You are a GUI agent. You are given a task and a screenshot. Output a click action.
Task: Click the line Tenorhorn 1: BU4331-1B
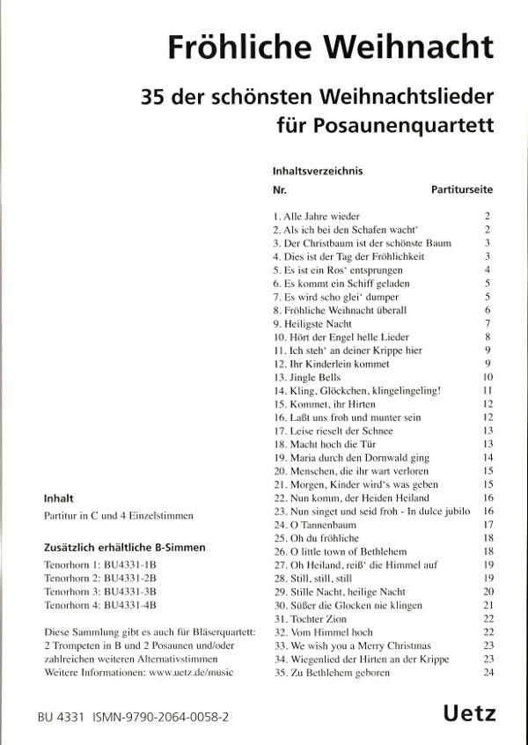coord(101,564)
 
